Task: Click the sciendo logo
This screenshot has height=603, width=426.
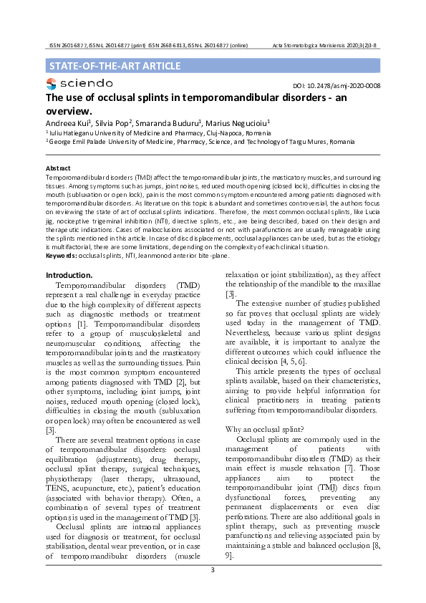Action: (x=79, y=85)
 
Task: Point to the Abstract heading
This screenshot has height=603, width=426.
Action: (x=59, y=169)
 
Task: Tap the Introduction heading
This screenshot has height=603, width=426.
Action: (x=69, y=275)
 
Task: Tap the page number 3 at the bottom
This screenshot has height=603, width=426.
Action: (x=213, y=569)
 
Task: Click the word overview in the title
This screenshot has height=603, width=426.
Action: (x=68, y=111)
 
